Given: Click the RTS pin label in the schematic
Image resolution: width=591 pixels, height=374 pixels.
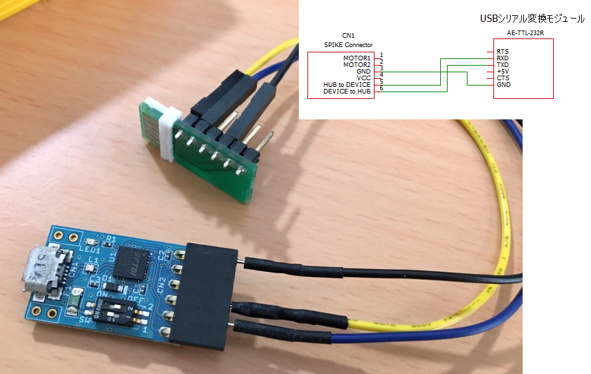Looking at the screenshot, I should click(x=502, y=51).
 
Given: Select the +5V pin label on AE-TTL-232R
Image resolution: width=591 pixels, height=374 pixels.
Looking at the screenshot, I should click(x=503, y=71).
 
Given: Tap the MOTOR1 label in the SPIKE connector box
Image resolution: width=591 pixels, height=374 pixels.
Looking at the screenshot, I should click(x=357, y=58).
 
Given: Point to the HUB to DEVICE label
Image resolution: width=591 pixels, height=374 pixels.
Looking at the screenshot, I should click(x=347, y=84).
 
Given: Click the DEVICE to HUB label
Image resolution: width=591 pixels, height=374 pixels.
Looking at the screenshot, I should click(x=347, y=91).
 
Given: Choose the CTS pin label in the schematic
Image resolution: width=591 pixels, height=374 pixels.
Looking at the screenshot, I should click(x=502, y=78).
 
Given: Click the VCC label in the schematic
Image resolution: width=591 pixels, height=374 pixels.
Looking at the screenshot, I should click(x=363, y=78).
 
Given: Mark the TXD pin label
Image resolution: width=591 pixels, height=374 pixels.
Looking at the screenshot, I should click(x=503, y=64).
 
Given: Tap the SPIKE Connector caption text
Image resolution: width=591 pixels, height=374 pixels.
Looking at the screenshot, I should click(x=343, y=45).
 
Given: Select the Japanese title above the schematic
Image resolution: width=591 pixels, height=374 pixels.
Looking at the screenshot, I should click(x=532, y=19).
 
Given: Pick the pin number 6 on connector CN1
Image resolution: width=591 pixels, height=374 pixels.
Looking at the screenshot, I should click(x=382, y=89).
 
